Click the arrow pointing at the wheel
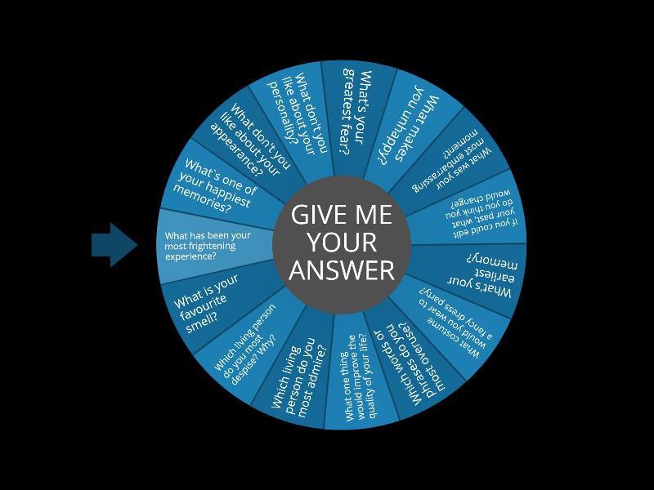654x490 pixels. point(114,245)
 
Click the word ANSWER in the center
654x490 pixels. point(342,270)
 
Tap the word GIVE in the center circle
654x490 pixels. point(315,215)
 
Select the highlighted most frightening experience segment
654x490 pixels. point(208,246)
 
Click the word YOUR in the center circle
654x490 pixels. point(342,243)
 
